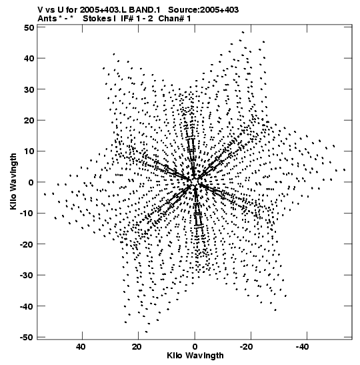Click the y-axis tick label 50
[29, 27]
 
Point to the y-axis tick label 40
[29, 58]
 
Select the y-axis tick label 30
[29, 89]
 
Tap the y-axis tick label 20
[29, 120]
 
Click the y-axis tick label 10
[29, 151]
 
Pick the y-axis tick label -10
[27, 213]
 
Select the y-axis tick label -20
[27, 244]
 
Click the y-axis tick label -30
[27, 275]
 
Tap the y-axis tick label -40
[27, 306]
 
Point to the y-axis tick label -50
[27, 337]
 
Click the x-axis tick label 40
[81, 347]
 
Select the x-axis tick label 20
[137, 347]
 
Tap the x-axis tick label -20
[247, 347]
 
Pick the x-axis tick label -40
[303, 347]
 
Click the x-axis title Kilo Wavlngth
[195, 356]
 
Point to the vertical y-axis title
[13, 181]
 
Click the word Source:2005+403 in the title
[203, 10]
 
